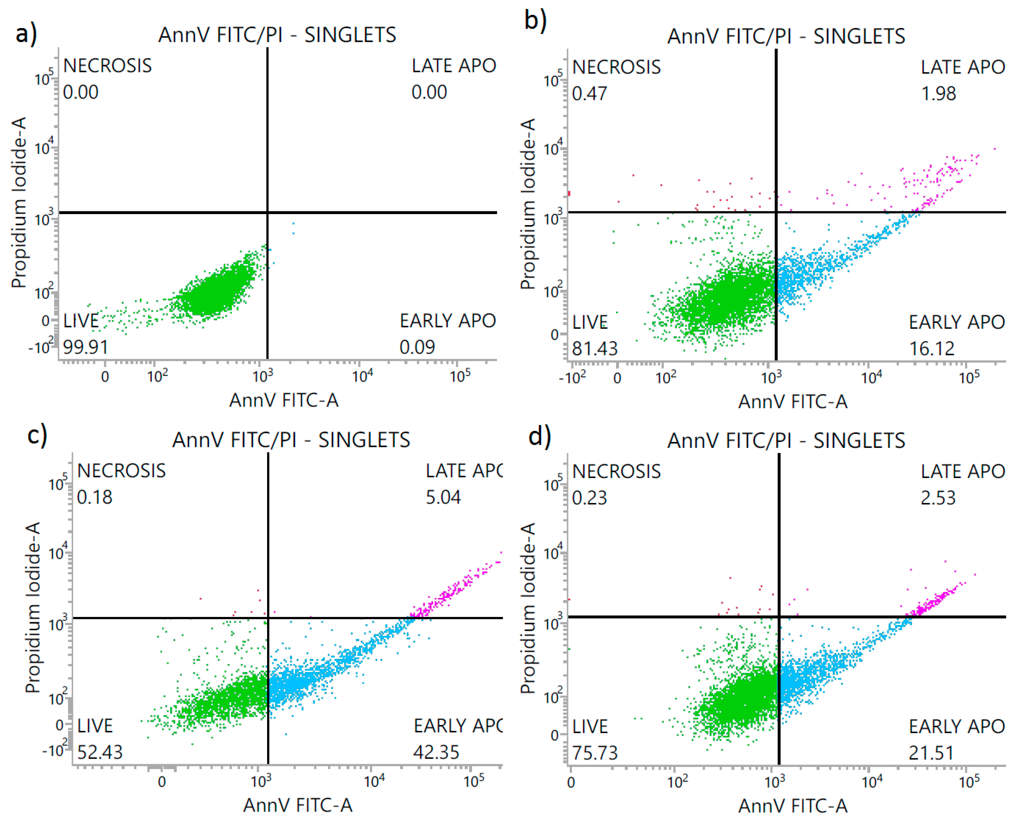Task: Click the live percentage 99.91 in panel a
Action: coord(86,347)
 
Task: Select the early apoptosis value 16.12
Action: coord(932,348)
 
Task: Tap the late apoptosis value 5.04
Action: coord(443,497)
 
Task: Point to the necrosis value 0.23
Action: coord(589,497)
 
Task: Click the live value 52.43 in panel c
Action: coord(100,752)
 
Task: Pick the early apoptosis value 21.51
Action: coord(931,752)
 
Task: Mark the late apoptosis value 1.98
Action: coord(938,93)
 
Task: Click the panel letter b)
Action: coord(536,20)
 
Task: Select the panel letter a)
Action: coord(26,34)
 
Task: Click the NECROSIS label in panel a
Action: coord(107,66)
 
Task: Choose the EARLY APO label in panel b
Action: coord(957,322)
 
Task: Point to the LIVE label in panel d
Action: coord(590,726)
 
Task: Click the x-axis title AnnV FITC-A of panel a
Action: coord(284,400)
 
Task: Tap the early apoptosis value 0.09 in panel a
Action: coord(417,347)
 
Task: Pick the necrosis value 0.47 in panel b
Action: coord(589,93)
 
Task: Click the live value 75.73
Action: coord(595,752)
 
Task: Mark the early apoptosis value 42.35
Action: coord(436,752)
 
